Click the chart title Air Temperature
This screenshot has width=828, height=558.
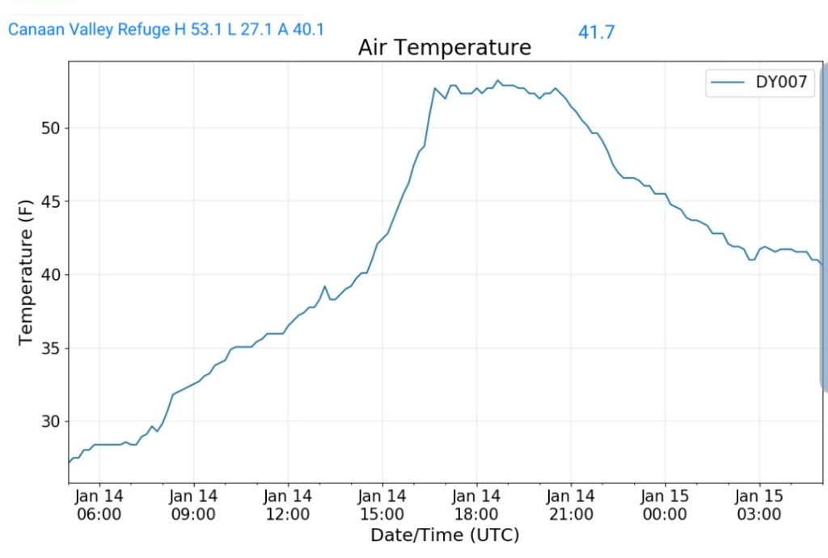pyautogui.click(x=444, y=48)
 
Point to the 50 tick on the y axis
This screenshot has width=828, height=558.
pyautogui.click(x=50, y=129)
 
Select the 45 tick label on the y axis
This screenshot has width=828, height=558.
pyautogui.click(x=50, y=201)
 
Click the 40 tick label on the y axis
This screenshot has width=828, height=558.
pyautogui.click(x=50, y=275)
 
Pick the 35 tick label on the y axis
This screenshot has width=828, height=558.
pyautogui.click(x=50, y=349)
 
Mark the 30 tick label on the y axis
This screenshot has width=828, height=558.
pyautogui.click(x=50, y=421)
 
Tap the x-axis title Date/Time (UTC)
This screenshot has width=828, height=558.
pyautogui.click(x=444, y=535)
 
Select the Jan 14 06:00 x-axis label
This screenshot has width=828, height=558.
pyautogui.click(x=99, y=505)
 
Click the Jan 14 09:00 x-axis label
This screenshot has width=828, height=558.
pyautogui.click(x=194, y=505)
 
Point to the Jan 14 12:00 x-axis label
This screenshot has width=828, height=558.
pyautogui.click(x=288, y=505)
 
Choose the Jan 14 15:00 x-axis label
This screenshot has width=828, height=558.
pyautogui.click(x=382, y=505)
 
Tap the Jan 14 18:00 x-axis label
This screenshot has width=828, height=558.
pyautogui.click(x=476, y=505)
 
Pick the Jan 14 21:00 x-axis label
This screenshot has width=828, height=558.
pyautogui.click(x=570, y=505)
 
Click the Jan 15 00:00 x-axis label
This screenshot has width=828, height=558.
pyautogui.click(x=665, y=505)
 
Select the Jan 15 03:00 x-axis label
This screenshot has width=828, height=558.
pyautogui.click(x=758, y=505)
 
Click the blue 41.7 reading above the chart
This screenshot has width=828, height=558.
pyautogui.click(x=596, y=33)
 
